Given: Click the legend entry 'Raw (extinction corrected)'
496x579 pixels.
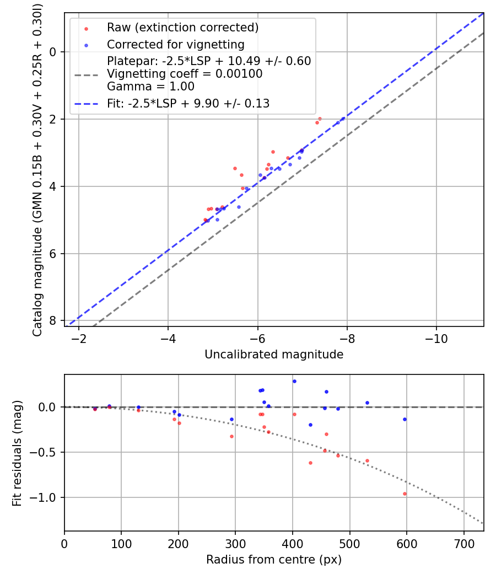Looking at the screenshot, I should click(182, 28).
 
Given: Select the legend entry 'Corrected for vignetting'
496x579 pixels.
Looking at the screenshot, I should click(176, 44).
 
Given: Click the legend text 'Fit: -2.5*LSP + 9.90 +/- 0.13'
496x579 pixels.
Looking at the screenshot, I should click(188, 103).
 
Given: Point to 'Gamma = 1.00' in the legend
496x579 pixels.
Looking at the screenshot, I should click(150, 86).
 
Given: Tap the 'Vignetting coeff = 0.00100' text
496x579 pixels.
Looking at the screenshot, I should click(185, 74).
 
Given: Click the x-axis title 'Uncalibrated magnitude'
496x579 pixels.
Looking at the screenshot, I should click(274, 355).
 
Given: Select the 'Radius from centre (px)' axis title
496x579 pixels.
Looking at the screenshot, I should click(274, 560).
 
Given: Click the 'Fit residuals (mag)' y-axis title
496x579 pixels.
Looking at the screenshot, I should click(17, 453).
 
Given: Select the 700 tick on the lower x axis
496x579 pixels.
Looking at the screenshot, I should click(463, 542).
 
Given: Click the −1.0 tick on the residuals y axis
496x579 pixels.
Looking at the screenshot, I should click(46, 497).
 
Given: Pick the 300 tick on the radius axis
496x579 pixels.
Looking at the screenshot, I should click(235, 542).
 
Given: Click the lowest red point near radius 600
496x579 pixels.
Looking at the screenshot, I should click(405, 494).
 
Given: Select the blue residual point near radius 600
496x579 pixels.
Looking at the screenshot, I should click(405, 419).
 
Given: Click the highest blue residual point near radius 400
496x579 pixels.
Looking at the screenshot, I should click(294, 381).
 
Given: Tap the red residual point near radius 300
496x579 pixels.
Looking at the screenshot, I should click(231, 436).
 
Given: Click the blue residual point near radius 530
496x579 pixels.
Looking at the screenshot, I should click(367, 403).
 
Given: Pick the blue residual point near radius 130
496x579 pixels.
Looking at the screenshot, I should click(138, 408).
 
